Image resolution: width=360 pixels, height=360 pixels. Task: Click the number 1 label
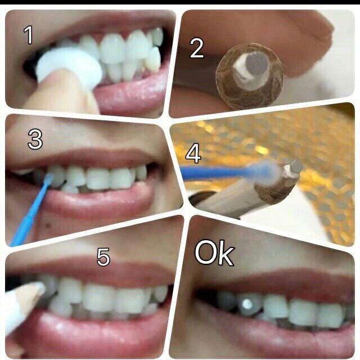click(x=28, y=35)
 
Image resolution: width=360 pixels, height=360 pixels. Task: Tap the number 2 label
click(x=197, y=48)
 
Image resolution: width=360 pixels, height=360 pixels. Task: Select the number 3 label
click(x=35, y=139)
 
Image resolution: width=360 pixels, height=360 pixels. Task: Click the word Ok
click(x=215, y=253)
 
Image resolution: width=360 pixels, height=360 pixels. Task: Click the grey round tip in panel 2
click(x=257, y=62)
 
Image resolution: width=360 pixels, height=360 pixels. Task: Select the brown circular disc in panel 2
click(x=250, y=76)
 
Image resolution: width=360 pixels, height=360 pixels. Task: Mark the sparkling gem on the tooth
click(x=247, y=304)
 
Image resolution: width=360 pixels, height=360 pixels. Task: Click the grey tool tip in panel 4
click(x=296, y=166)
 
